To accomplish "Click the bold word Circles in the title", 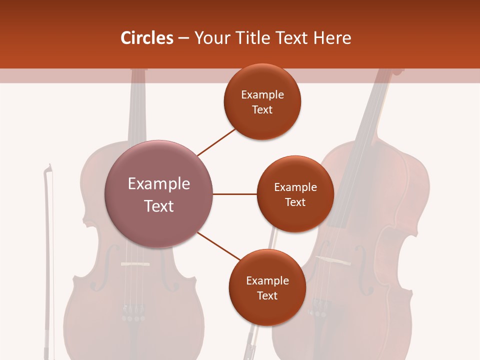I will pos(146,38).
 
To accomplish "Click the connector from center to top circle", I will pos(216,141).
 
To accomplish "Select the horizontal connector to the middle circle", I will pos(235,194).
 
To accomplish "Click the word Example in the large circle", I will pos(159,184).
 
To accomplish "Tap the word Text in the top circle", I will pos(262,110).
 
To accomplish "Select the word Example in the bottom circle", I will pos(267,281).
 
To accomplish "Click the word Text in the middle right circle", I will pos(295,202).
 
